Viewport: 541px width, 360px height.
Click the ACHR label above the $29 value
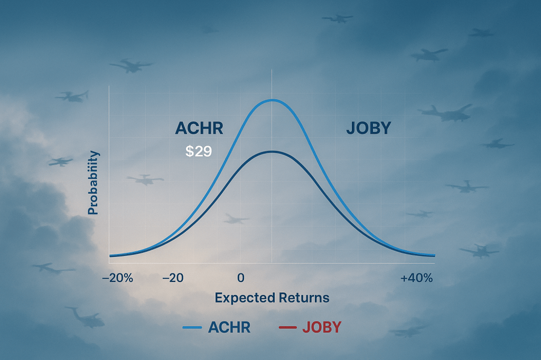(x=199, y=129)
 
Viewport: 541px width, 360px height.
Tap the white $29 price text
(x=199, y=152)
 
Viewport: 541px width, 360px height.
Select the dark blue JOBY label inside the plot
(x=368, y=128)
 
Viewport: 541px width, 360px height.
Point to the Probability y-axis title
(x=93, y=183)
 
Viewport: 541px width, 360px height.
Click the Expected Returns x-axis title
(x=272, y=298)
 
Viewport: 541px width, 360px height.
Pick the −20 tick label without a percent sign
(x=173, y=278)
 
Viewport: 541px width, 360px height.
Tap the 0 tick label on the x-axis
(x=240, y=278)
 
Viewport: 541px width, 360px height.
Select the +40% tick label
(x=417, y=278)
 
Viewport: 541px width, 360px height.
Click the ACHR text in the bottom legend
(x=229, y=327)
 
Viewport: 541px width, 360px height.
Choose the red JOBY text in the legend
(x=322, y=327)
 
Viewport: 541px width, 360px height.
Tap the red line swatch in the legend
(x=286, y=328)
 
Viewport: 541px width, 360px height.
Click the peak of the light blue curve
(x=272, y=100)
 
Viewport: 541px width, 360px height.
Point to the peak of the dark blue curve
(x=272, y=151)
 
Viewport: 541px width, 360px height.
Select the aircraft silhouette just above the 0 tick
(x=236, y=219)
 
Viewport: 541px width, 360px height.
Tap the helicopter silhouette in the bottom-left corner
(x=85, y=317)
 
